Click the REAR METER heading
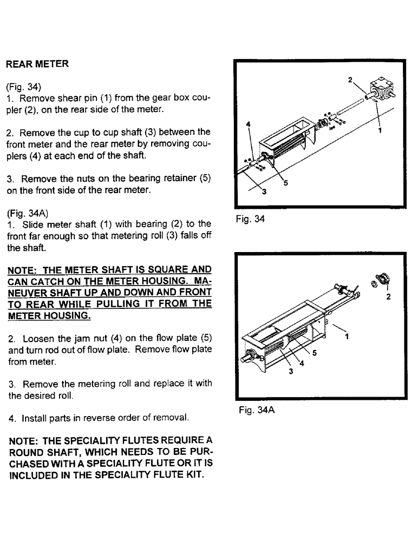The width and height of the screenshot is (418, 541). pos(37,64)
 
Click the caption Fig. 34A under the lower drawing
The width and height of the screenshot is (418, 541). pos(257,411)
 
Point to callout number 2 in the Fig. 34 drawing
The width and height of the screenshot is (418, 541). pos(350,80)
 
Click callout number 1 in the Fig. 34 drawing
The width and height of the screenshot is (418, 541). pos(380,130)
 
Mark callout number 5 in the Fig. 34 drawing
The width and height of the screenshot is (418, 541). pos(286,183)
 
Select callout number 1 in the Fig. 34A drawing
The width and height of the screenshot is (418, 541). pos(347,336)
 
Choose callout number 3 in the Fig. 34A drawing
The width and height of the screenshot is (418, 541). pos(291,371)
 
